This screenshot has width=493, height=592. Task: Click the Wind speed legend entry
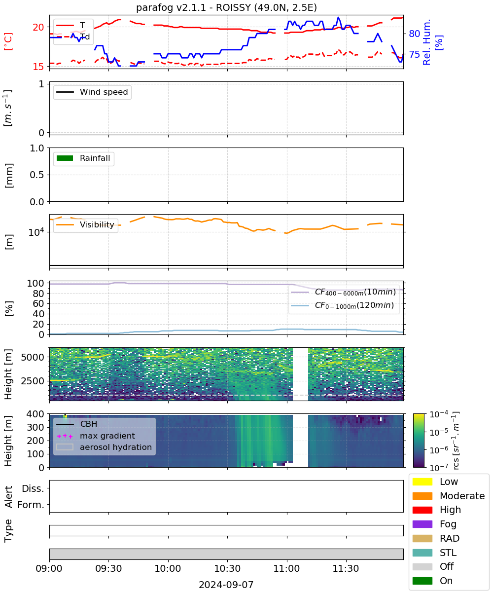point(92,92)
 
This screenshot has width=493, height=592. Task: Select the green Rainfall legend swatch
point(65,158)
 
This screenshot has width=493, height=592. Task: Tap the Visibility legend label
point(97,224)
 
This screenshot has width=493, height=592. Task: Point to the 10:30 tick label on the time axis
point(227,568)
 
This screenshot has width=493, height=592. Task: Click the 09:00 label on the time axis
point(49,568)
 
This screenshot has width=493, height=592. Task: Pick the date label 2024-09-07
point(226,585)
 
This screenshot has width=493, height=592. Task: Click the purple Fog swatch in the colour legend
point(422,524)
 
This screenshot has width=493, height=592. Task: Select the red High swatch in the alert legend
point(422,510)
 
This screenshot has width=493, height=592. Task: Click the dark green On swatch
point(422,581)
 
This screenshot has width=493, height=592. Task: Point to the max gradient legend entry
point(96,436)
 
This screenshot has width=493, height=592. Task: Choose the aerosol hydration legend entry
point(104,447)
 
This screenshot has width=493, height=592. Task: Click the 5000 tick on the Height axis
point(33,357)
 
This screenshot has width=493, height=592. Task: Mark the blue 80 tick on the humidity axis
point(414,34)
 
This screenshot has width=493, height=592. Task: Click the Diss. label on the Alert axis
point(33,488)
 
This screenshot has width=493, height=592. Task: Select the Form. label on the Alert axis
point(31,505)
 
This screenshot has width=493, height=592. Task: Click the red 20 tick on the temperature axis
point(38,27)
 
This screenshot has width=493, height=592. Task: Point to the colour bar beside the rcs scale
point(419,441)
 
